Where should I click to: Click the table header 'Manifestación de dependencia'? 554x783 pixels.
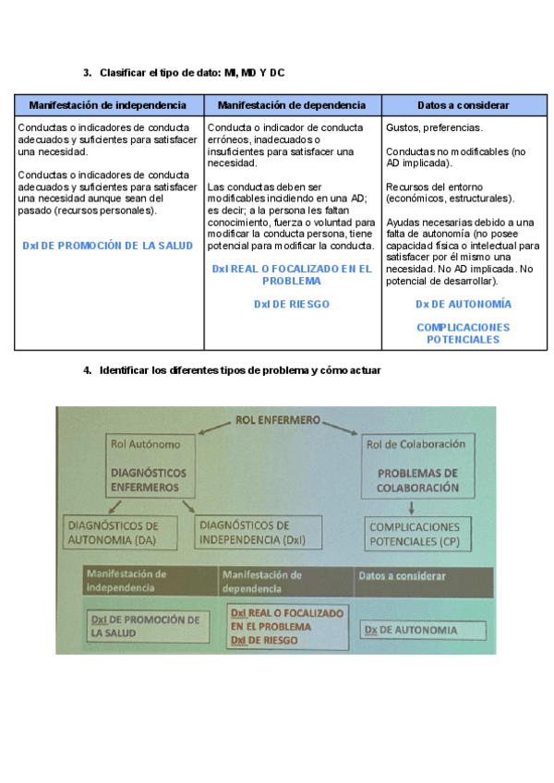coord(292,105)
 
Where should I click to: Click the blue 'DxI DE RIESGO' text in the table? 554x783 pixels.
coord(292,304)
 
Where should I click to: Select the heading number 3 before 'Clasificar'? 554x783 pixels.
coord(86,72)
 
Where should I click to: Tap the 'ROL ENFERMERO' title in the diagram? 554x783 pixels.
coord(278,420)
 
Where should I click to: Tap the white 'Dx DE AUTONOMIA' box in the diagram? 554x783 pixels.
coord(423,631)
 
